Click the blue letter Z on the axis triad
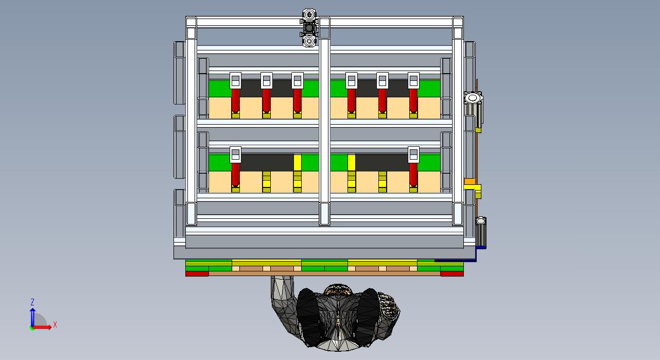tap(32, 302)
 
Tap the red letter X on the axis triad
tap(55, 325)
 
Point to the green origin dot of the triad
tap(32, 328)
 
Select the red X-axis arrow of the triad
tap(42, 327)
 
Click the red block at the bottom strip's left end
tap(197, 274)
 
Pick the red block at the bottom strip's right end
tap(452, 274)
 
